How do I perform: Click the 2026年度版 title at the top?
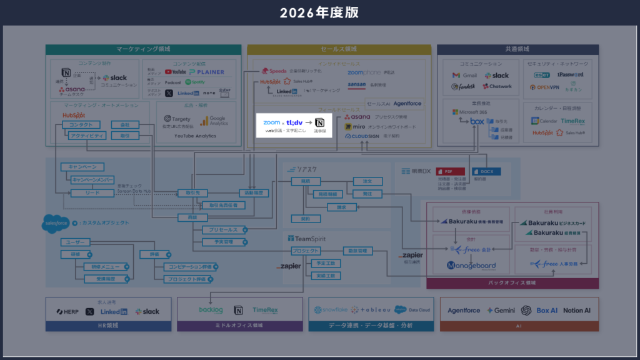point(319,12)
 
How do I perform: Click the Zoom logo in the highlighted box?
point(272,122)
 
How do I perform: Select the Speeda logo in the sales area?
point(274,71)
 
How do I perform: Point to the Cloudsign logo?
point(362,136)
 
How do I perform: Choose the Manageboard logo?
point(471,266)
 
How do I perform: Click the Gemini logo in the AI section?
point(501,310)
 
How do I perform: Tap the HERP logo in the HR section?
point(67,311)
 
